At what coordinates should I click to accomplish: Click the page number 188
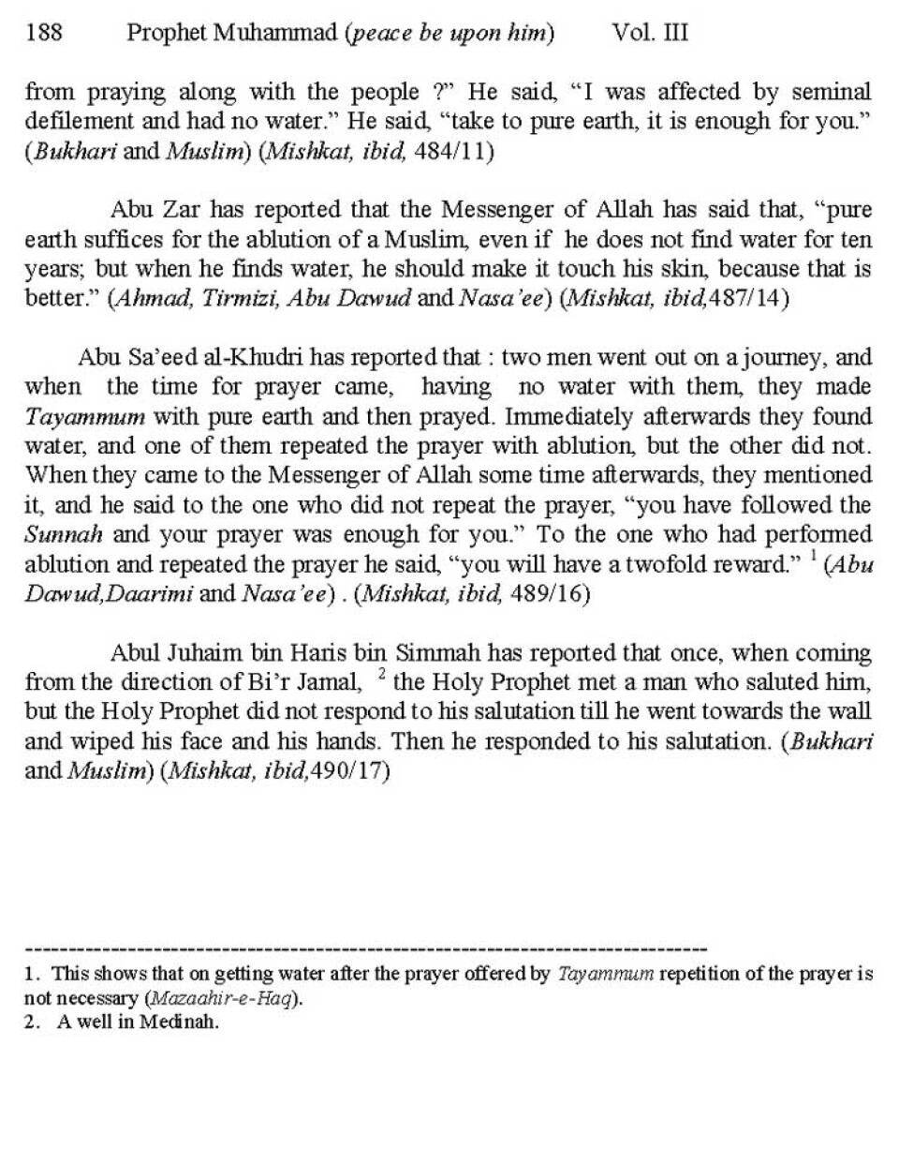pyautogui.click(x=44, y=33)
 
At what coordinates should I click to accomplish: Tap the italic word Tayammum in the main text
pyautogui.click(x=84, y=416)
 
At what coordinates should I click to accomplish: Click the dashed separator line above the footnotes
pyautogui.click(x=365, y=949)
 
